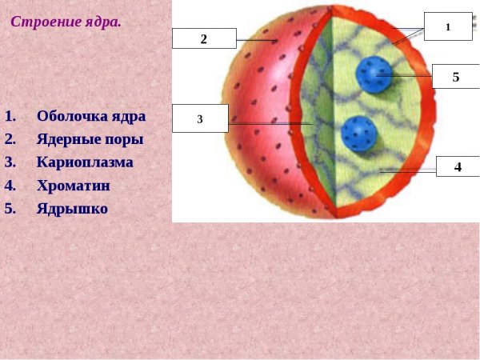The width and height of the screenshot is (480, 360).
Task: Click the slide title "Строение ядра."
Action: (66, 22)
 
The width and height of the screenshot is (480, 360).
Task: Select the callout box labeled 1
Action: (448, 26)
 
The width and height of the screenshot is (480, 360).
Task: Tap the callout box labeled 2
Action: (204, 38)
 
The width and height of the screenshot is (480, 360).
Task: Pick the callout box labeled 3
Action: (200, 119)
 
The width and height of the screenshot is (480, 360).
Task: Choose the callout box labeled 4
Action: (458, 167)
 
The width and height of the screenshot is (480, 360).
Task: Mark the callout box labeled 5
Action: (455, 77)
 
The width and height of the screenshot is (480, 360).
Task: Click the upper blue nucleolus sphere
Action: (374, 74)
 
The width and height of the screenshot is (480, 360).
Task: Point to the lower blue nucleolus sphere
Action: (358, 134)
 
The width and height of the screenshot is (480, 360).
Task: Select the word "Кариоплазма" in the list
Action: (85, 162)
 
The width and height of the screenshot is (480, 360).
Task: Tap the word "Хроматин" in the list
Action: (74, 186)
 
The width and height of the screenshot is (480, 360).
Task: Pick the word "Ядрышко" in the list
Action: (72, 209)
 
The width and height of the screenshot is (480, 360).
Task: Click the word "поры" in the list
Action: (126, 139)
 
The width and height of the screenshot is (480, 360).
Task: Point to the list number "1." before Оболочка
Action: (10, 116)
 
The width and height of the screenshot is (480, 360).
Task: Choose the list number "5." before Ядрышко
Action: (10, 209)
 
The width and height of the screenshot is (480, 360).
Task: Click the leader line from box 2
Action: (256, 40)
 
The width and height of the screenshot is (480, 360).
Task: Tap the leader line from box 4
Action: (408, 170)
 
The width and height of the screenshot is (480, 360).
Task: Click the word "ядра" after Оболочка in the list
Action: (129, 116)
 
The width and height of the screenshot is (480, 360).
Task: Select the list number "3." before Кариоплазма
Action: (10, 162)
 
